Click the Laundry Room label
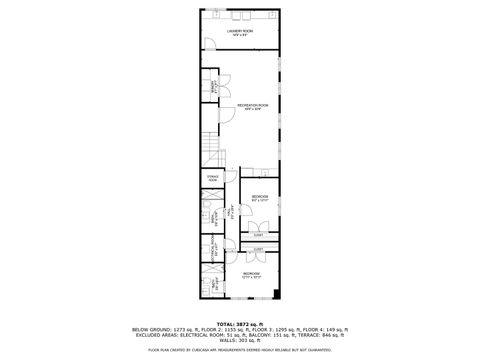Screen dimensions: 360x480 pos(240,32)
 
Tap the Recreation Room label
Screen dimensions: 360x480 pos(251,106)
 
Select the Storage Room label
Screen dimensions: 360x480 pos(212,179)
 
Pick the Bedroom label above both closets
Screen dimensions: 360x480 pos(259,197)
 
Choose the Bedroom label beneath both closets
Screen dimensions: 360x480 pos(250,274)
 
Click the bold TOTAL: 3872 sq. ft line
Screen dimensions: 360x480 pos(240,324)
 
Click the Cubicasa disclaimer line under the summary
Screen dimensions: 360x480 pos(240,350)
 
